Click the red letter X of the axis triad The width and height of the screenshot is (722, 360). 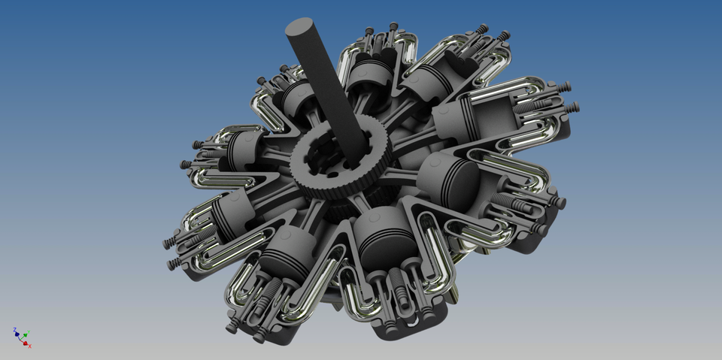point(29,346)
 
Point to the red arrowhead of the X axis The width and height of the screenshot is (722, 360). point(26,342)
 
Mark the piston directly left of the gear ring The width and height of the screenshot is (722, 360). point(244,150)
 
